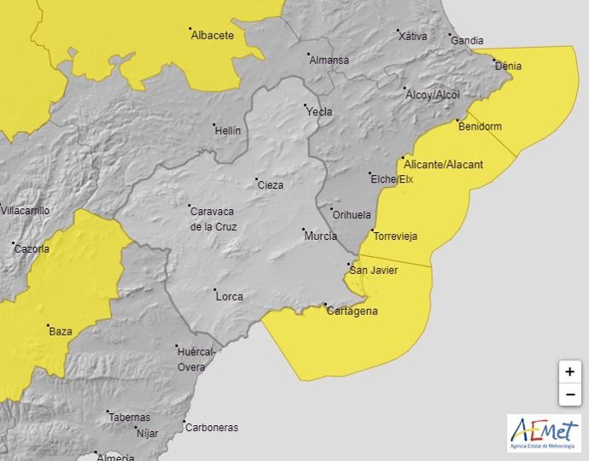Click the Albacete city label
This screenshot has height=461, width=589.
coord(213,35)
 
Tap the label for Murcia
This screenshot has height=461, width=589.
coord(321,236)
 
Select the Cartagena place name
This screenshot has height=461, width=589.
coord(352,311)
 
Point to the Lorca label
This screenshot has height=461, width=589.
coord(229,297)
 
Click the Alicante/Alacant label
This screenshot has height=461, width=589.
coord(443,164)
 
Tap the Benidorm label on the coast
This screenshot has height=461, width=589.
coord(480,126)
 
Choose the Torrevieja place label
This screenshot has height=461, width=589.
coord(396,236)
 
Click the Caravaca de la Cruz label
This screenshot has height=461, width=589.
coord(213,219)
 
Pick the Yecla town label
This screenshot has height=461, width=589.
coord(319,112)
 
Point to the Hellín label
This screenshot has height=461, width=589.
coord(228,131)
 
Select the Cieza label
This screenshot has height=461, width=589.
coord(270,185)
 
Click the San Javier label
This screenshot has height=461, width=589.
coord(374,271)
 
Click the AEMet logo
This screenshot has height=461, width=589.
coord(544,432)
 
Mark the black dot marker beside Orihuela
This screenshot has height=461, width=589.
coord(332,208)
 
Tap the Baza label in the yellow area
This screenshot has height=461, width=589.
coord(61,331)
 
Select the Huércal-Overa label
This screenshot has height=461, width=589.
coord(196,359)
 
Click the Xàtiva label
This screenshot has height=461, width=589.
coord(412,36)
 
